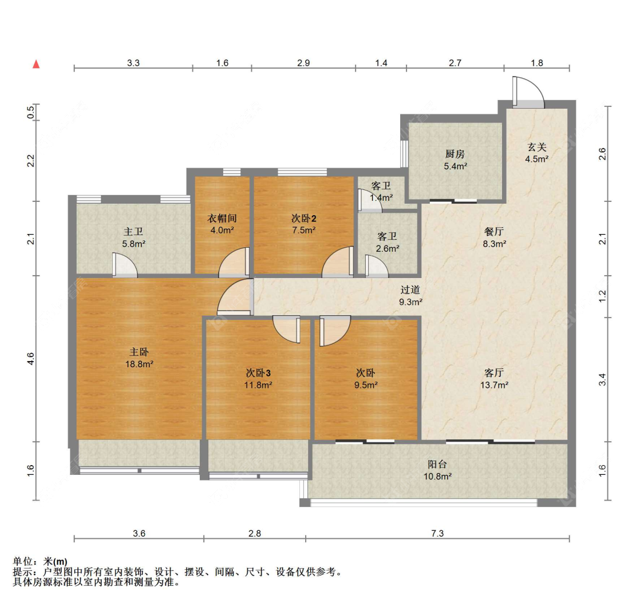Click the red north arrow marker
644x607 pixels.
[x=36, y=64]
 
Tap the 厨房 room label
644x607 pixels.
[x=455, y=154]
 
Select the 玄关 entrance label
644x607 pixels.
[x=537, y=147]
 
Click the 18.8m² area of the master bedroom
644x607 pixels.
[x=139, y=364]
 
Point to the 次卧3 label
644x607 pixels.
[x=258, y=373]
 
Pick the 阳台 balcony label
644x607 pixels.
[x=437, y=464]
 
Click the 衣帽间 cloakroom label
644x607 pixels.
[x=222, y=219]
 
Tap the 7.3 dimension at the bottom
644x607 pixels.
[x=437, y=533]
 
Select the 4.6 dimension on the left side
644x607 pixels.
[x=31, y=359]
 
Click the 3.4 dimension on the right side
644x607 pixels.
[x=602, y=380]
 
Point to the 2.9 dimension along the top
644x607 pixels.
[x=303, y=63]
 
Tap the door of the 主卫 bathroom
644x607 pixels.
[x=125, y=265]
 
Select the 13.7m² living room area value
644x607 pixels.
[x=495, y=385]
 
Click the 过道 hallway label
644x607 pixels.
[x=410, y=289]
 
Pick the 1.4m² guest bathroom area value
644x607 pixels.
[x=382, y=198]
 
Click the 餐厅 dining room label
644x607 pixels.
[x=494, y=232]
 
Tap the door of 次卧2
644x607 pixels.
[x=338, y=261]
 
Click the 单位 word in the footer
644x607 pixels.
[x=22, y=561]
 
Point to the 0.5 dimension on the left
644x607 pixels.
[x=31, y=112]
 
